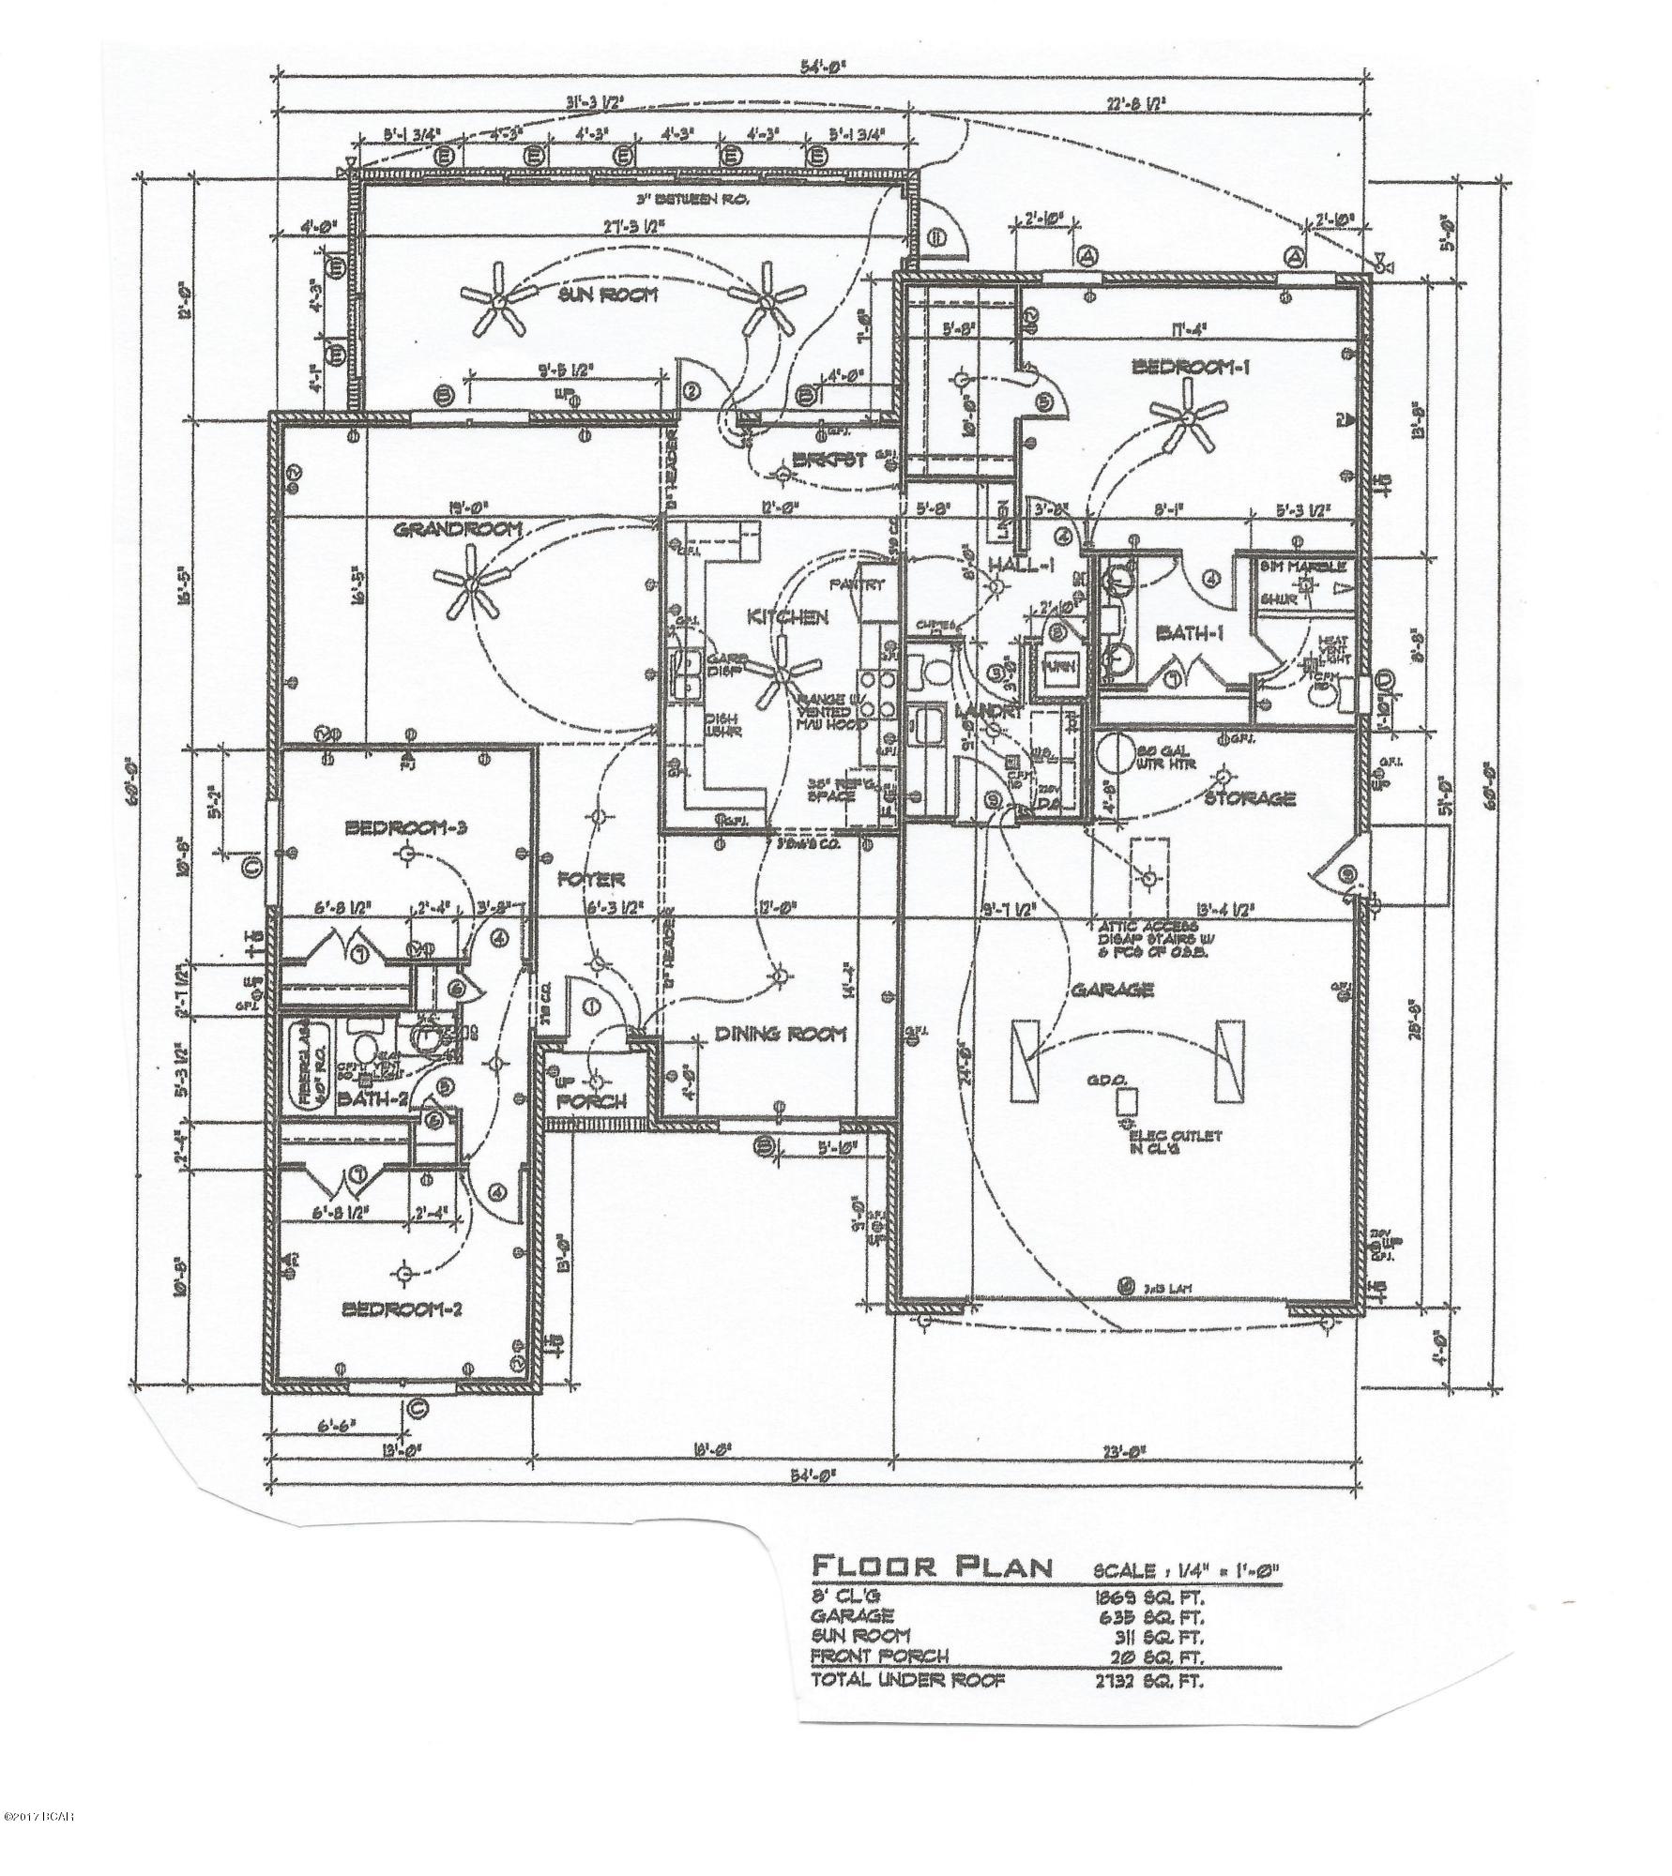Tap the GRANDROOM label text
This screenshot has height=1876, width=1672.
click(457, 530)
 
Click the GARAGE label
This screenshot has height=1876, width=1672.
click(1111, 990)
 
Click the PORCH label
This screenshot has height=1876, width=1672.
click(591, 1101)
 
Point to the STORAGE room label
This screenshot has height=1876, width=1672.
click(1250, 798)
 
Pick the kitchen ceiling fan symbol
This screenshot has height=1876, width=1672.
click(781, 671)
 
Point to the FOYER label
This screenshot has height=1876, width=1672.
click(591, 879)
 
